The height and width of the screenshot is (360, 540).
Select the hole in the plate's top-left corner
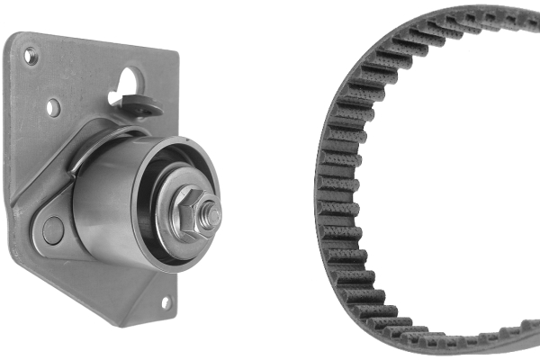tap(31, 57)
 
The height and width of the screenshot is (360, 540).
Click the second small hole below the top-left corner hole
tap(53, 107)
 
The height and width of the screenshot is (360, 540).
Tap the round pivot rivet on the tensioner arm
tap(53, 230)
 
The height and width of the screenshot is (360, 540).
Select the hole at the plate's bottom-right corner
tap(166, 302)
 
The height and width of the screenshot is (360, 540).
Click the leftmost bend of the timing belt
tap(321, 180)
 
